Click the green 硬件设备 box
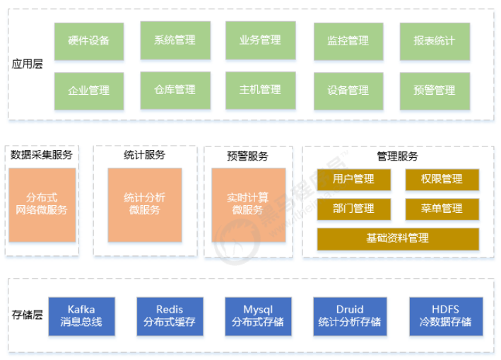[x=89, y=41]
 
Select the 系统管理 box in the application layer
[x=175, y=40]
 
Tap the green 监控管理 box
[x=348, y=41]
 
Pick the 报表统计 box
[x=435, y=41]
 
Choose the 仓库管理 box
[x=175, y=91]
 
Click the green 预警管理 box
[x=435, y=91]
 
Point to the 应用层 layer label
[x=28, y=65]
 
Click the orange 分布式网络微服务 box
[x=42, y=204]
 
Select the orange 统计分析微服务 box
[x=145, y=204]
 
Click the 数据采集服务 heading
[x=42, y=155]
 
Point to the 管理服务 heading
[x=397, y=156]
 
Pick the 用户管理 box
[x=353, y=180]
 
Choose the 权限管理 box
[x=442, y=180]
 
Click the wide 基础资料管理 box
[x=397, y=238]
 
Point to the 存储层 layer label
[x=28, y=315]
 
